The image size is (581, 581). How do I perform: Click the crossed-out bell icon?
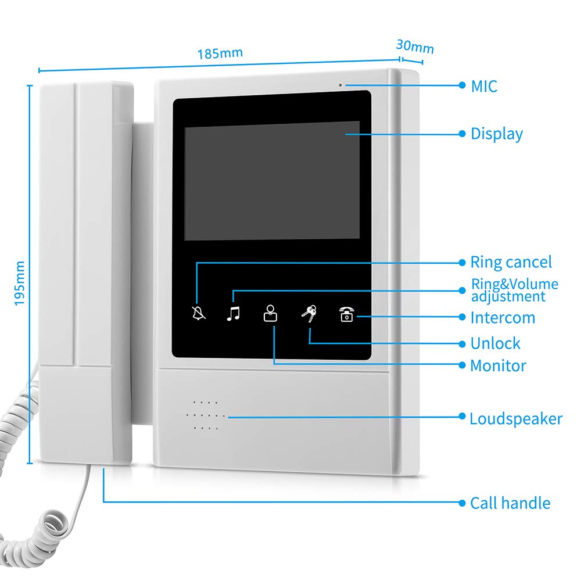tap(198, 314)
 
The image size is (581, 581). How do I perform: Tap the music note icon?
tap(234, 314)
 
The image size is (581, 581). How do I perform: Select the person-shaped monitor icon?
tap(271, 313)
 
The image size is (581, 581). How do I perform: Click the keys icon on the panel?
tap(309, 314)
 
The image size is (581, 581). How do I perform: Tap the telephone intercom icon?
tap(347, 314)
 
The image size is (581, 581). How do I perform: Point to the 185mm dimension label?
tap(220, 53)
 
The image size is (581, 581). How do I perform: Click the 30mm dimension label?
tap(415, 46)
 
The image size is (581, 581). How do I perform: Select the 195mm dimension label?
tap(20, 284)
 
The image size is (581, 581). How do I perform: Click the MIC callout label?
tap(484, 87)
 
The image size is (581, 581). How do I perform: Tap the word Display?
tap(497, 134)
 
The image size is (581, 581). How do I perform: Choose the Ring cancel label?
tap(511, 263)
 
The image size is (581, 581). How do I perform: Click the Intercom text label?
tap(503, 318)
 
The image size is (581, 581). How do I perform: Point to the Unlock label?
tap(496, 343)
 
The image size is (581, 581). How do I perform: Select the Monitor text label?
tap(498, 365)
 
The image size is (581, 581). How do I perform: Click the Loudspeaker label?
tap(516, 419)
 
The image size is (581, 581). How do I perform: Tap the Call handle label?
tap(510, 503)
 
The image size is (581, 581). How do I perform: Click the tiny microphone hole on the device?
tap(340, 85)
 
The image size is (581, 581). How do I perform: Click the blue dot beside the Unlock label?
tap(462, 344)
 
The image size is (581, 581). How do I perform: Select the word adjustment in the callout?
tap(508, 297)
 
